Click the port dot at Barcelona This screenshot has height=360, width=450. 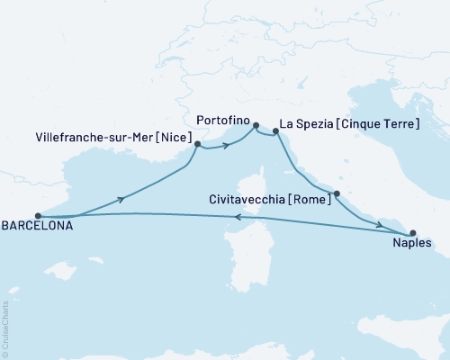tap(38, 216)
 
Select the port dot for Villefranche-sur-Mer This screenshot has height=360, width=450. tap(197, 143)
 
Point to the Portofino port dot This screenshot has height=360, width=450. tap(256, 126)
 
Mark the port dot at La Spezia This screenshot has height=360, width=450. tap(275, 132)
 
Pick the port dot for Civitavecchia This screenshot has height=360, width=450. tap(336, 193)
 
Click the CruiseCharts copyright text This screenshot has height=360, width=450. tap(5, 328)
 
